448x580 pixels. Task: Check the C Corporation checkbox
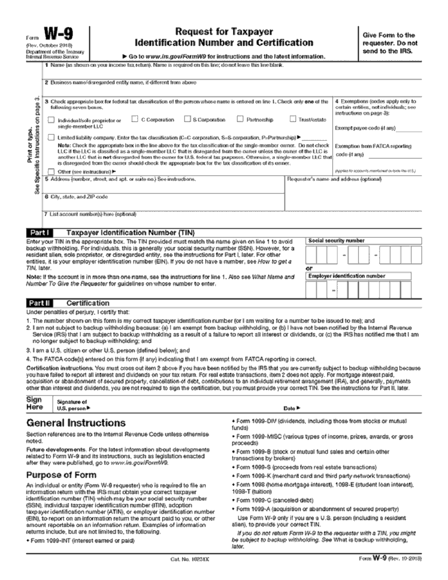click(134, 119)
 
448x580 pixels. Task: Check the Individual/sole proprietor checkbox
click(51, 120)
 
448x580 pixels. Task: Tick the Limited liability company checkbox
click(51, 137)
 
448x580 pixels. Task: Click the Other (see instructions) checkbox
click(51, 171)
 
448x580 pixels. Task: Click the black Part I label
click(40, 233)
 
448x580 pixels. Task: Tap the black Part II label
click(40, 303)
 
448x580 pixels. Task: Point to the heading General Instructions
click(76, 423)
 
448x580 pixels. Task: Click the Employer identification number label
click(347, 276)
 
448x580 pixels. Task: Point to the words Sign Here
click(34, 403)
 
